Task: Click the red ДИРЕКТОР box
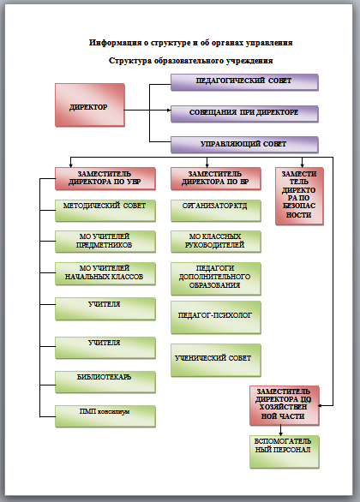[x=90, y=105]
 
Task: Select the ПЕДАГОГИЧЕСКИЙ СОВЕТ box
[x=244, y=82]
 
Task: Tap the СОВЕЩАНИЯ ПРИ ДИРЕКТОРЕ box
[x=244, y=114]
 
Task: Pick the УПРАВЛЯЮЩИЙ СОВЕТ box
[x=244, y=145]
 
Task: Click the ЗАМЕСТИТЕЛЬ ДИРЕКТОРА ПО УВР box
[x=105, y=179]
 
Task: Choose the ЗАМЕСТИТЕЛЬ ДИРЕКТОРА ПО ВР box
[x=216, y=179]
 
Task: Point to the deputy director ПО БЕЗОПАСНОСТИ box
[x=299, y=196]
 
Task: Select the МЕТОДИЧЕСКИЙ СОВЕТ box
[x=105, y=211]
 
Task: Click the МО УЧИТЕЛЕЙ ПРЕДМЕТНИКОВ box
[x=105, y=242]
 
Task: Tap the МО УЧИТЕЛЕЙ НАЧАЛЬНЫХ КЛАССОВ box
[x=105, y=274]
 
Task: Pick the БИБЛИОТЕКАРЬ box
[x=105, y=382]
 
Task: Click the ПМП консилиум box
[x=105, y=416]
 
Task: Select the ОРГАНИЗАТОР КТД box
[x=216, y=211]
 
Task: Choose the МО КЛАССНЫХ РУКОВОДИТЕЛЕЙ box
[x=216, y=242]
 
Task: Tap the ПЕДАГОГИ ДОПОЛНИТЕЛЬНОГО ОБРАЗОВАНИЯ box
[x=216, y=278]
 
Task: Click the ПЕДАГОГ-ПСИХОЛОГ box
[x=216, y=317]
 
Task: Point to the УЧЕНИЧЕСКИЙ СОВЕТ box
[x=216, y=360]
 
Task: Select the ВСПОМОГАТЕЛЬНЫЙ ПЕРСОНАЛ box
[x=285, y=451]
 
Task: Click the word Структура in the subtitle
[x=130, y=61]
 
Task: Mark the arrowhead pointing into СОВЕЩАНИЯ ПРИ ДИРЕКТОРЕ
[x=169, y=111]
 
